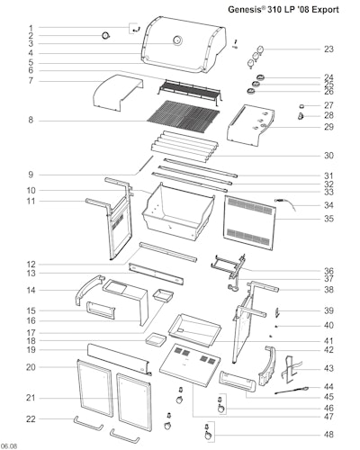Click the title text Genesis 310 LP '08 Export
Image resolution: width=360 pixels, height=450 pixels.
[x=283, y=10]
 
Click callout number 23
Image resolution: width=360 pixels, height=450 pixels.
[x=328, y=49]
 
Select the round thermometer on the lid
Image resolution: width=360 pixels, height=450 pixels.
[x=177, y=40]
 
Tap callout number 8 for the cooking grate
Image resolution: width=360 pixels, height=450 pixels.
[x=31, y=121]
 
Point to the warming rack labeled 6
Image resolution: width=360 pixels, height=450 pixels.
[x=190, y=91]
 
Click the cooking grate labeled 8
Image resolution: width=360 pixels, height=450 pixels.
[x=183, y=114]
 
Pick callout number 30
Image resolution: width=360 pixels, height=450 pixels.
[x=328, y=156]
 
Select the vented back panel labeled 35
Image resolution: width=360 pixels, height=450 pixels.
[x=249, y=222]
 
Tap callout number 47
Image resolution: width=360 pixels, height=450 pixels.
[x=328, y=417]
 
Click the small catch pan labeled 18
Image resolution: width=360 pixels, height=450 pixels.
[x=156, y=339]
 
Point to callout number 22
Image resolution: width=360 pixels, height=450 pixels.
[x=31, y=418]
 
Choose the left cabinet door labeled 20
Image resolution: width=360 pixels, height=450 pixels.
[x=94, y=389]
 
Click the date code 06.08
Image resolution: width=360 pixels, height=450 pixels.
[x=9, y=446]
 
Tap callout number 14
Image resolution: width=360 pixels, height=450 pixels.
[x=31, y=290]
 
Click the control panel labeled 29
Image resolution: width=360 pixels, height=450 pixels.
[x=251, y=125]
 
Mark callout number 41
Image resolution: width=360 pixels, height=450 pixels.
[x=328, y=341]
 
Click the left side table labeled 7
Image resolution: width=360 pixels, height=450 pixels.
[x=118, y=93]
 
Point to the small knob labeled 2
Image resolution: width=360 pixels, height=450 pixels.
[x=106, y=36]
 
